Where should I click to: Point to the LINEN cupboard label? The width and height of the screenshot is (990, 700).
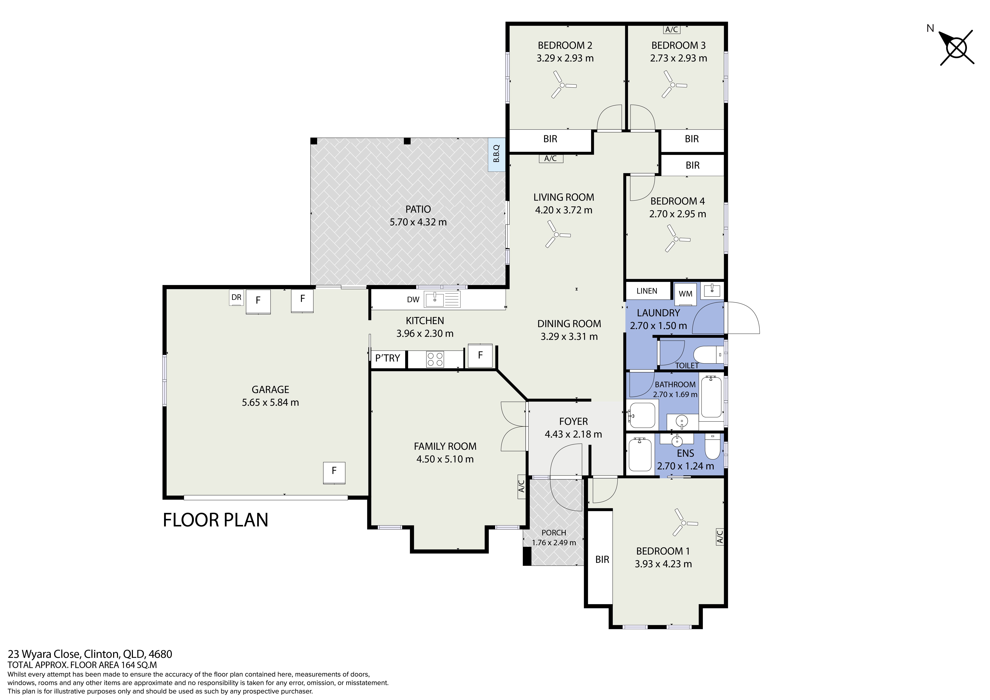pos(647,291)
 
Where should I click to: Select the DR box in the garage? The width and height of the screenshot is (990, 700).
pos(236,298)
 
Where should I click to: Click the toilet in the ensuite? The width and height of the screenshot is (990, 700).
pos(712,446)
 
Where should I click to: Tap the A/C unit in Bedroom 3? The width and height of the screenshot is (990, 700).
pos(672,29)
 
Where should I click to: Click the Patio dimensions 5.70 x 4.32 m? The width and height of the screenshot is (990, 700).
pos(418,222)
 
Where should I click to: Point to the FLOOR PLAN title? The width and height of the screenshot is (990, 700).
pos(216,520)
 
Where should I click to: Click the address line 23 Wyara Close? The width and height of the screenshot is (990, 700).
pos(90,654)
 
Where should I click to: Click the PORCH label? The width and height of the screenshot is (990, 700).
pos(554,533)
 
